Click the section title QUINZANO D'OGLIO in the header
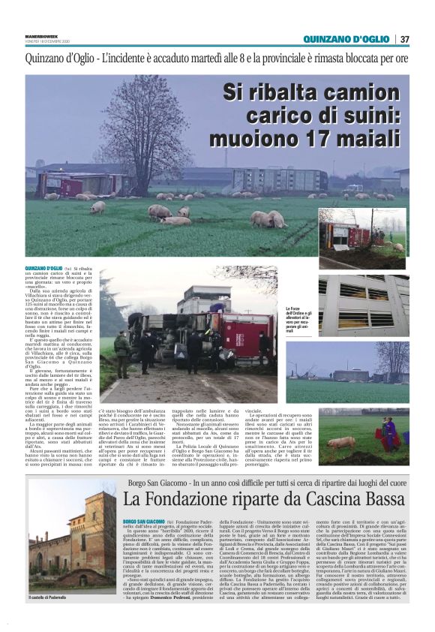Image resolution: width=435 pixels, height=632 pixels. click(346, 39)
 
